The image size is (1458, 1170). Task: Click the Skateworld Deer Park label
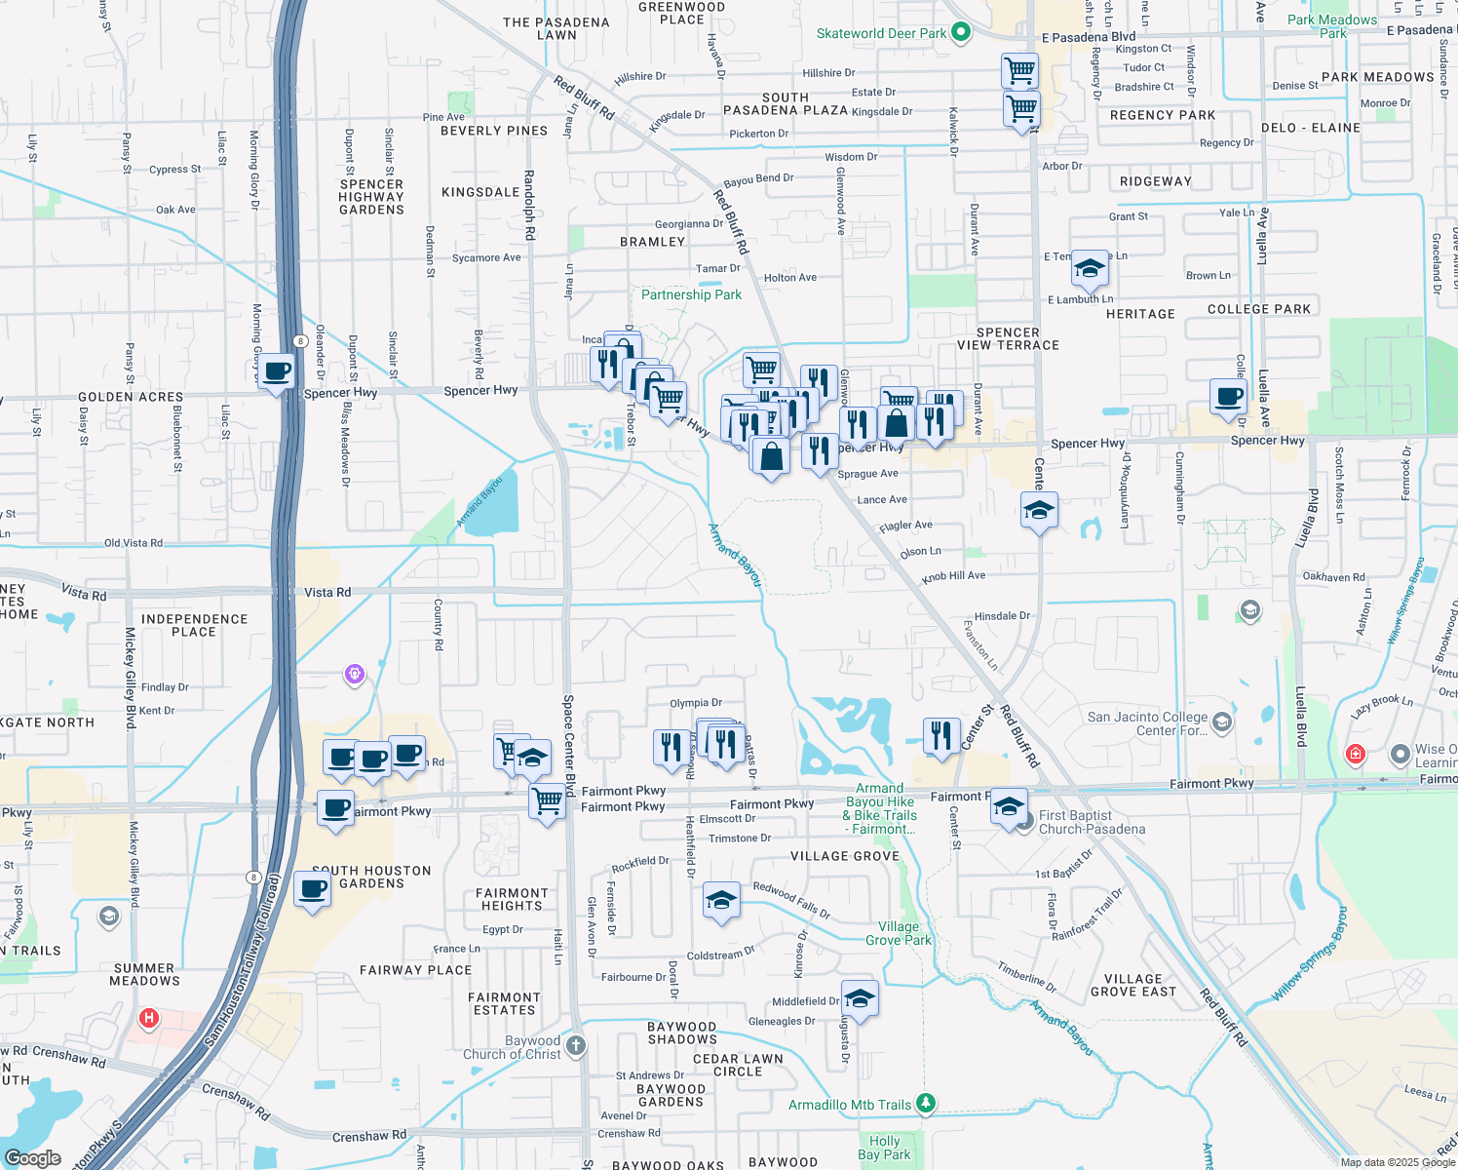tap(881, 33)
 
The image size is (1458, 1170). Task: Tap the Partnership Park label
tap(691, 294)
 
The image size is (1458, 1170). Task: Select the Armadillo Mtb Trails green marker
tap(926, 1104)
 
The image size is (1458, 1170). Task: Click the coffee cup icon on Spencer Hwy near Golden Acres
tap(278, 371)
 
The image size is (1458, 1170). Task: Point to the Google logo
tap(32, 1158)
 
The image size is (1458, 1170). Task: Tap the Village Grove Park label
tap(899, 933)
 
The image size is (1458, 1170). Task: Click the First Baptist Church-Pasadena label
tap(1092, 822)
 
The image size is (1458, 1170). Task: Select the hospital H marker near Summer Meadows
tap(149, 1019)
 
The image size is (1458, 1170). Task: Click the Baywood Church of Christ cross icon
tap(576, 1046)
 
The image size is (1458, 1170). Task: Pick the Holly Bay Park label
tap(884, 1148)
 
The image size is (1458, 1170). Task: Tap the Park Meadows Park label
tap(1332, 26)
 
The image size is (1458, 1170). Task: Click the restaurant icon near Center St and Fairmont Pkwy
tap(940, 734)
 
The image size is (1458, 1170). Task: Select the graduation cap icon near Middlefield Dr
tap(860, 998)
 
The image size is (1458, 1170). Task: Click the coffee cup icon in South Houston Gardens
tap(313, 889)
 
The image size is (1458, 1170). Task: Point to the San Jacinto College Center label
tap(1147, 723)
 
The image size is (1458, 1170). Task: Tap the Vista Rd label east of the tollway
tap(327, 592)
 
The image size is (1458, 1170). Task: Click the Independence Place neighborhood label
tap(195, 625)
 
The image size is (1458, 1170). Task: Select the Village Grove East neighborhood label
tap(1133, 985)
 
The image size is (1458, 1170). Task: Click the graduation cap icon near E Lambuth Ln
tap(1090, 268)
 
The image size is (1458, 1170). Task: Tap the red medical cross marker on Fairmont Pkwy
tap(1355, 754)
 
